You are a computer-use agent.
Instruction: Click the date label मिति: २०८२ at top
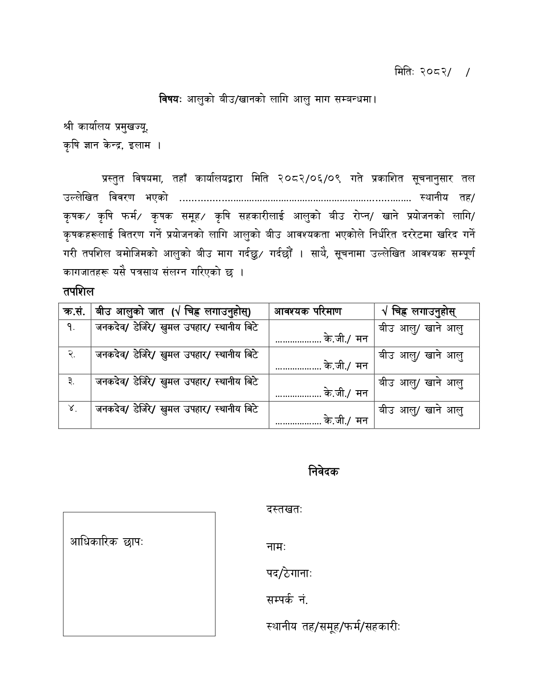(422, 72)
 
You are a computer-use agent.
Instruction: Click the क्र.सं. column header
(74, 311)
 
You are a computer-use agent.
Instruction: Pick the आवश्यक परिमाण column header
(308, 311)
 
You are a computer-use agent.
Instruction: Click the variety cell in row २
(176, 355)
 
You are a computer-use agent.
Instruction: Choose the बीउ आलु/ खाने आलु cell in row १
(421, 328)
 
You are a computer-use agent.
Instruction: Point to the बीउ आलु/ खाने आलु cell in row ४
(421, 410)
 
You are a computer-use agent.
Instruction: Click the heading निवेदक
(323, 471)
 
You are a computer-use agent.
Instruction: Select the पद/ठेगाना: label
(289, 574)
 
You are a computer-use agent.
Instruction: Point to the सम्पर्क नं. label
(287, 600)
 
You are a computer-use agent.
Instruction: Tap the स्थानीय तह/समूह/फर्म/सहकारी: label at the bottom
(333, 627)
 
